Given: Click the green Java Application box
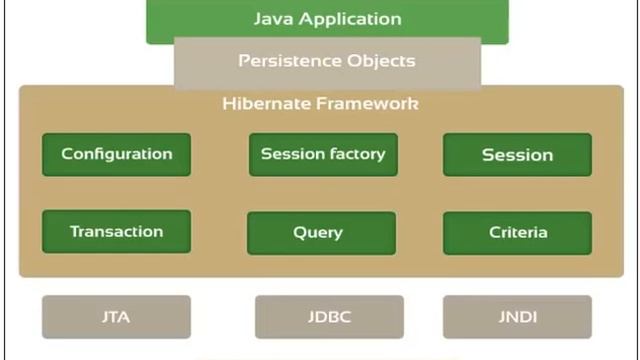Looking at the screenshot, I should [327, 20].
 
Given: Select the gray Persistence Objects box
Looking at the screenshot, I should [327, 62].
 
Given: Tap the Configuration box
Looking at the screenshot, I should [116, 154].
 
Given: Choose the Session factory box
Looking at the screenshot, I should [322, 154].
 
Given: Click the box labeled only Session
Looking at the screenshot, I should [517, 155].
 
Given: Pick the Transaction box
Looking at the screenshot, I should [116, 231].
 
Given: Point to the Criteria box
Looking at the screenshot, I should [517, 232].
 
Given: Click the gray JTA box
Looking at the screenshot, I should [116, 317].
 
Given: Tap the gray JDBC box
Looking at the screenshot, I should [329, 317].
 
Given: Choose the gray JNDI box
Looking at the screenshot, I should [517, 317].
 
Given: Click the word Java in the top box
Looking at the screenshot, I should [273, 19].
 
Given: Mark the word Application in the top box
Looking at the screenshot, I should [349, 20].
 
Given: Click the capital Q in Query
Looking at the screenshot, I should [299, 232].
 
